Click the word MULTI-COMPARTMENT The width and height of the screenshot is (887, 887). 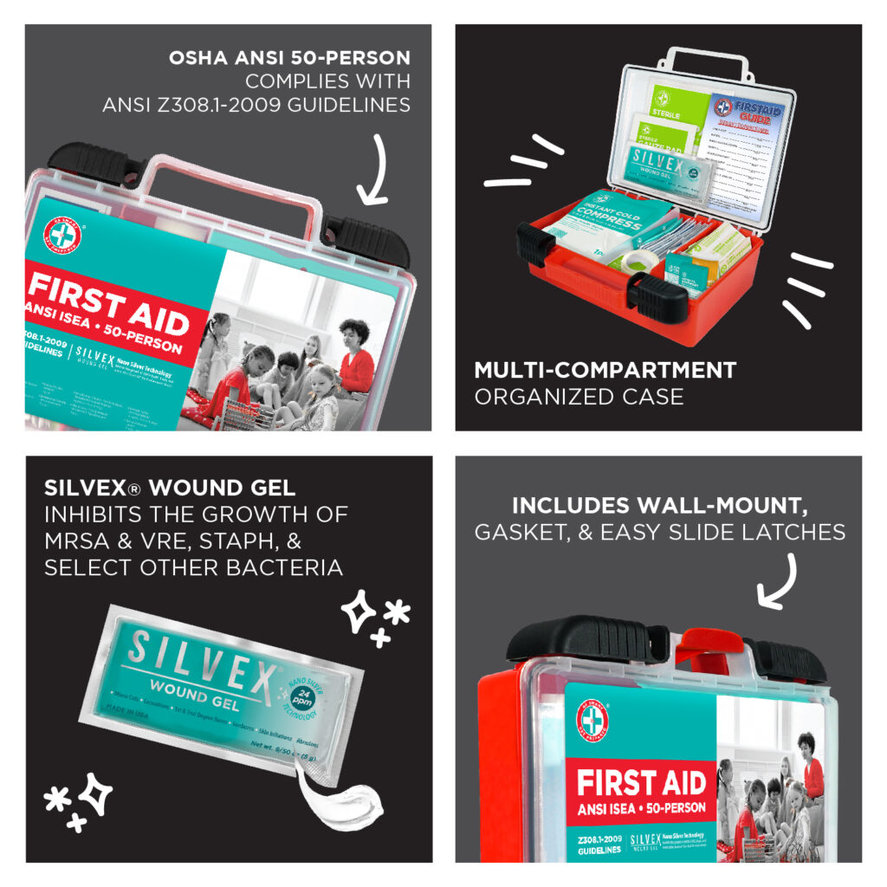(605, 371)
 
